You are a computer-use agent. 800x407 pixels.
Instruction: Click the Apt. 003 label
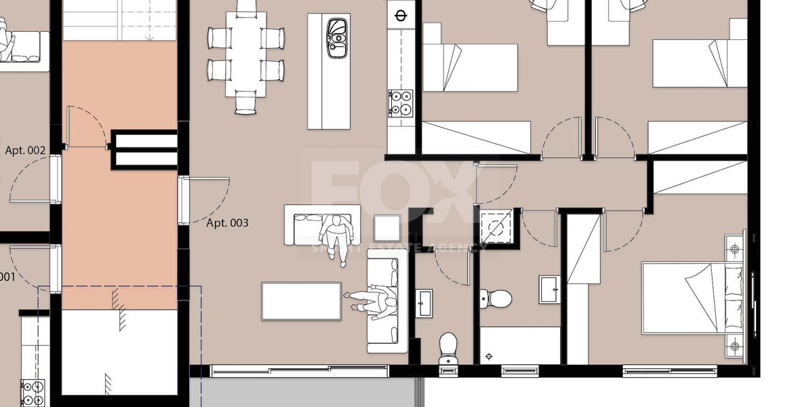coord(227,222)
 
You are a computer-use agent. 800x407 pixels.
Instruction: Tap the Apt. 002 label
coord(25,150)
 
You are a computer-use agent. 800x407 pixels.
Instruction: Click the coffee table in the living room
coord(301,301)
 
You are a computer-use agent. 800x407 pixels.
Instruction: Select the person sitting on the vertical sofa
coord(372,301)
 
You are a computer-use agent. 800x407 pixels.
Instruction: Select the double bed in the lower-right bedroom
coord(692,298)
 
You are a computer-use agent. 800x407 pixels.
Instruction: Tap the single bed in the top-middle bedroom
coord(470,66)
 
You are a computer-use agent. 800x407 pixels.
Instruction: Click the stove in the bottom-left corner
coord(31,393)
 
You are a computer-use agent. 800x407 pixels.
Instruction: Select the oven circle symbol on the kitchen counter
coord(400,15)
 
